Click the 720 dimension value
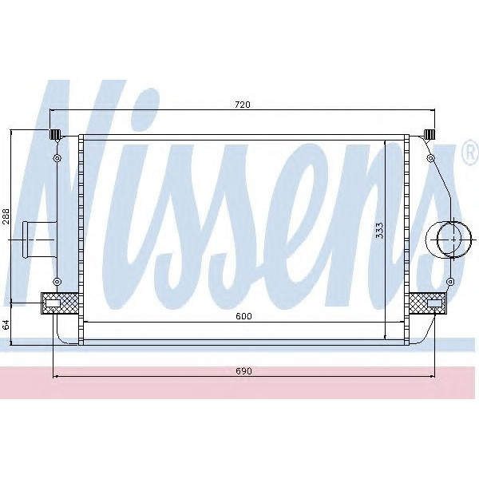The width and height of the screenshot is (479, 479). tap(243, 105)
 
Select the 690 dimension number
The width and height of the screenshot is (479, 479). tap(243, 371)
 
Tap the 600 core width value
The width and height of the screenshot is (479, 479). tap(243, 316)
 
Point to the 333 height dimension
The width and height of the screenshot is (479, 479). tap(380, 230)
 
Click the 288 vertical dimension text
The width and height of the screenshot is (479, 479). tap(6, 216)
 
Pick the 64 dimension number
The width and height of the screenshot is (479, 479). tap(6, 325)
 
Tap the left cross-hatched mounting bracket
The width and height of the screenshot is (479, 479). tap(60, 303)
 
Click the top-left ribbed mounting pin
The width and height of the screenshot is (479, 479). tap(56, 133)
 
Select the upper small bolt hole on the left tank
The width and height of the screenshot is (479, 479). tap(57, 160)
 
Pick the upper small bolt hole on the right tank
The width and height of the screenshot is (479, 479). tap(430, 160)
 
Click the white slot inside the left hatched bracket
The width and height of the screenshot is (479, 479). tap(53, 303)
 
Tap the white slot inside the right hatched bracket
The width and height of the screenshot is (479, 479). tap(436, 303)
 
